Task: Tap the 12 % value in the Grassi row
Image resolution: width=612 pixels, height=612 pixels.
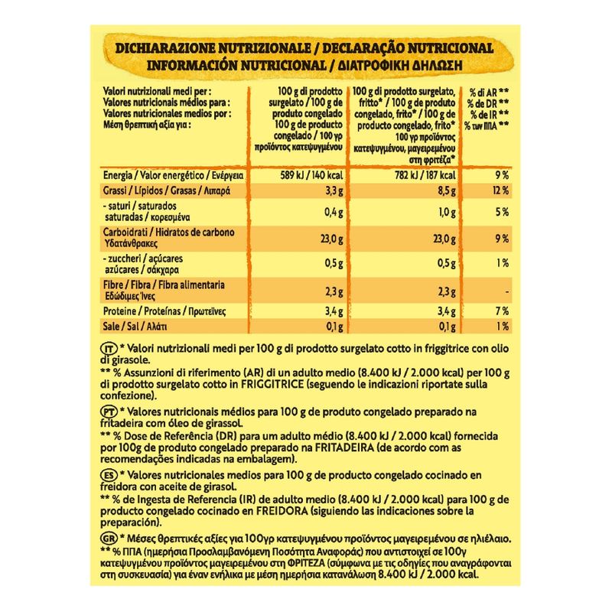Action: [500, 190]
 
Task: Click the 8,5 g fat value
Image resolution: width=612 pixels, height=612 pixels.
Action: [448, 190]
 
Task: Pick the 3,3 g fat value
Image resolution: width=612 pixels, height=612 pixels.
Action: [328, 190]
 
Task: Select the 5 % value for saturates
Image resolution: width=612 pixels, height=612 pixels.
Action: [503, 212]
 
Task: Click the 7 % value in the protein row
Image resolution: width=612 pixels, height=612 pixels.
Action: [503, 311]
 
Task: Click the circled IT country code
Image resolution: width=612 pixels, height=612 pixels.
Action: [108, 348]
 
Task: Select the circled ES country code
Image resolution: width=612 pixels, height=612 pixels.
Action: [108, 475]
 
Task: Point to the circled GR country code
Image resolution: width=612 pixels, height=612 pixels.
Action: [108, 539]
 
